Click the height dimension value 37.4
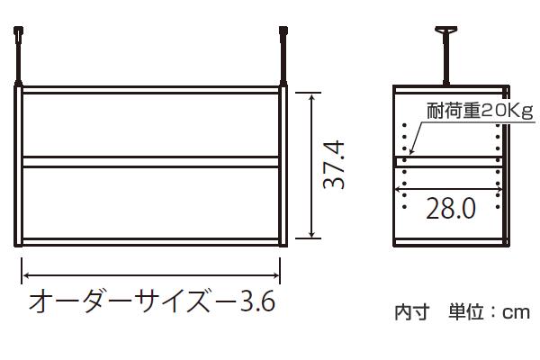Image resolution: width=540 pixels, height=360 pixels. tap(334, 165)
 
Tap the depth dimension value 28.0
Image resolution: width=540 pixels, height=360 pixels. tap(451, 209)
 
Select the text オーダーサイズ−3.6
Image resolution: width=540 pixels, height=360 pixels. tap(152, 301)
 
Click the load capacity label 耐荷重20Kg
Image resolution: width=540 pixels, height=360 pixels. tap(480, 111)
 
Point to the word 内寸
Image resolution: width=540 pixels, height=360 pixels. tap(412, 312)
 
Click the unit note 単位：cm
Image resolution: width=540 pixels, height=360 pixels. tap(489, 312)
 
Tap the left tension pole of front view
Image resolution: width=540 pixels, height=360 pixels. tap(18, 56)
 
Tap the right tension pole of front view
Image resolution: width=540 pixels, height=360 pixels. tap(283, 56)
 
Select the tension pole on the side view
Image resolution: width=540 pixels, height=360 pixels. tap(446, 56)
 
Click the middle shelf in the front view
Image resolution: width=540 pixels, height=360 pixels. tap(150, 162)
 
